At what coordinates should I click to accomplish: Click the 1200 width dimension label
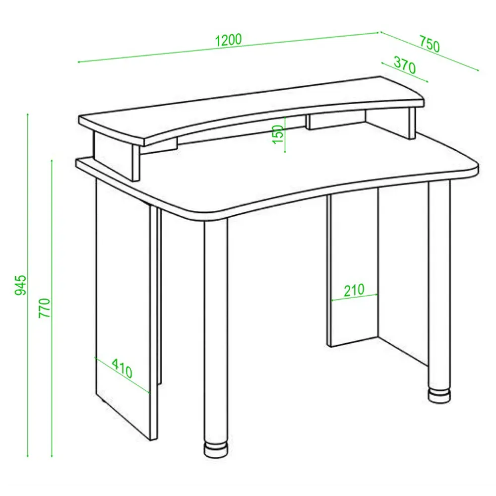pos(228,40)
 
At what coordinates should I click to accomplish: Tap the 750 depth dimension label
pos(430,44)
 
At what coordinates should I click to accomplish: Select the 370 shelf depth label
pos(405,65)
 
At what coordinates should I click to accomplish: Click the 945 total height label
pos(21,285)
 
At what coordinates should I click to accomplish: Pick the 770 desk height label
pos(44,308)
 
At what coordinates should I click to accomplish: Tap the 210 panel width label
pos(354,290)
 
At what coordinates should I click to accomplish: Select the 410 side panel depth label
pos(122,368)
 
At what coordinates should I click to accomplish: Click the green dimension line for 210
pos(354,297)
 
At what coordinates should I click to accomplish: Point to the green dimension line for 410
pos(122,375)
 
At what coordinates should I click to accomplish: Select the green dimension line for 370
pos(405,72)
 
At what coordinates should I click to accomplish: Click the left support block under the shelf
pos(117,156)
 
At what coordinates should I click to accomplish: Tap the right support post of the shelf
pos(412,123)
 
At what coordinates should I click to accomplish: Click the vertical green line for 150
pos(285,135)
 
